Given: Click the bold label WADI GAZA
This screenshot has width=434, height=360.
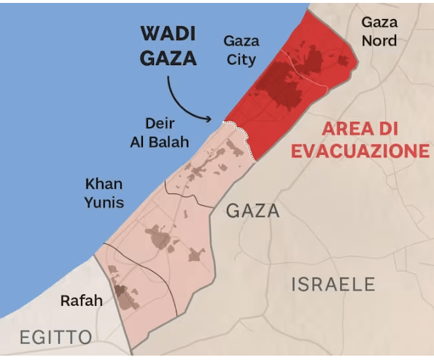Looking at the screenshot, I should pos(168,46).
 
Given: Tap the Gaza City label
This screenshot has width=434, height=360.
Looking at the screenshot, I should pos(241,50).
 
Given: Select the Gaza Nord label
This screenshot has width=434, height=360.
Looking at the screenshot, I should pos(380,31).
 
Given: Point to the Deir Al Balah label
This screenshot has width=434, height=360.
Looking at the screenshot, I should pos(159,132).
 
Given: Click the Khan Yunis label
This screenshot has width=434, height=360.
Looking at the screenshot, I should pos(104,193).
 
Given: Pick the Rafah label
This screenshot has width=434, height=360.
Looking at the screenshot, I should pos(81,300).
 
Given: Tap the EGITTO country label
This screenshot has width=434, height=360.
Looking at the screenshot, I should pos(56,337).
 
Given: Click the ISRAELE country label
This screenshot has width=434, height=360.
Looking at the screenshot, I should pos(333,284).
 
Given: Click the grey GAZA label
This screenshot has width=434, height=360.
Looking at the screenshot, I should pos(253,211).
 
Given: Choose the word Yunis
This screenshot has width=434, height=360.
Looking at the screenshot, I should pos(104,202).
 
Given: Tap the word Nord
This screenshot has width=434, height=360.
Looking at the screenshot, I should pos(380,40).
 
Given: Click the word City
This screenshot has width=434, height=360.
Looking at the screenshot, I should pos(241,59).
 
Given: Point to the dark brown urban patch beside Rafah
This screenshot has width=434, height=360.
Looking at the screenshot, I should pos(125,296).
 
